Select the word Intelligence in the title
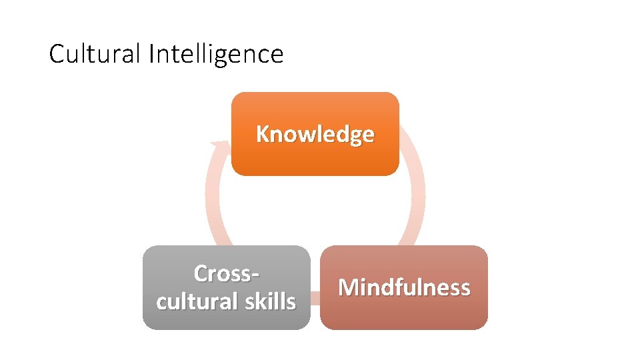coord(216,54)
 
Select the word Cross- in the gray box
coord(226,273)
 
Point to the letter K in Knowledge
coord(263,134)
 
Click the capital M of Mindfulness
coord(347,287)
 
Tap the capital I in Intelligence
coord(151,54)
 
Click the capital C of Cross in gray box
coord(201,273)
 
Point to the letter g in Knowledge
coord(358,136)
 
